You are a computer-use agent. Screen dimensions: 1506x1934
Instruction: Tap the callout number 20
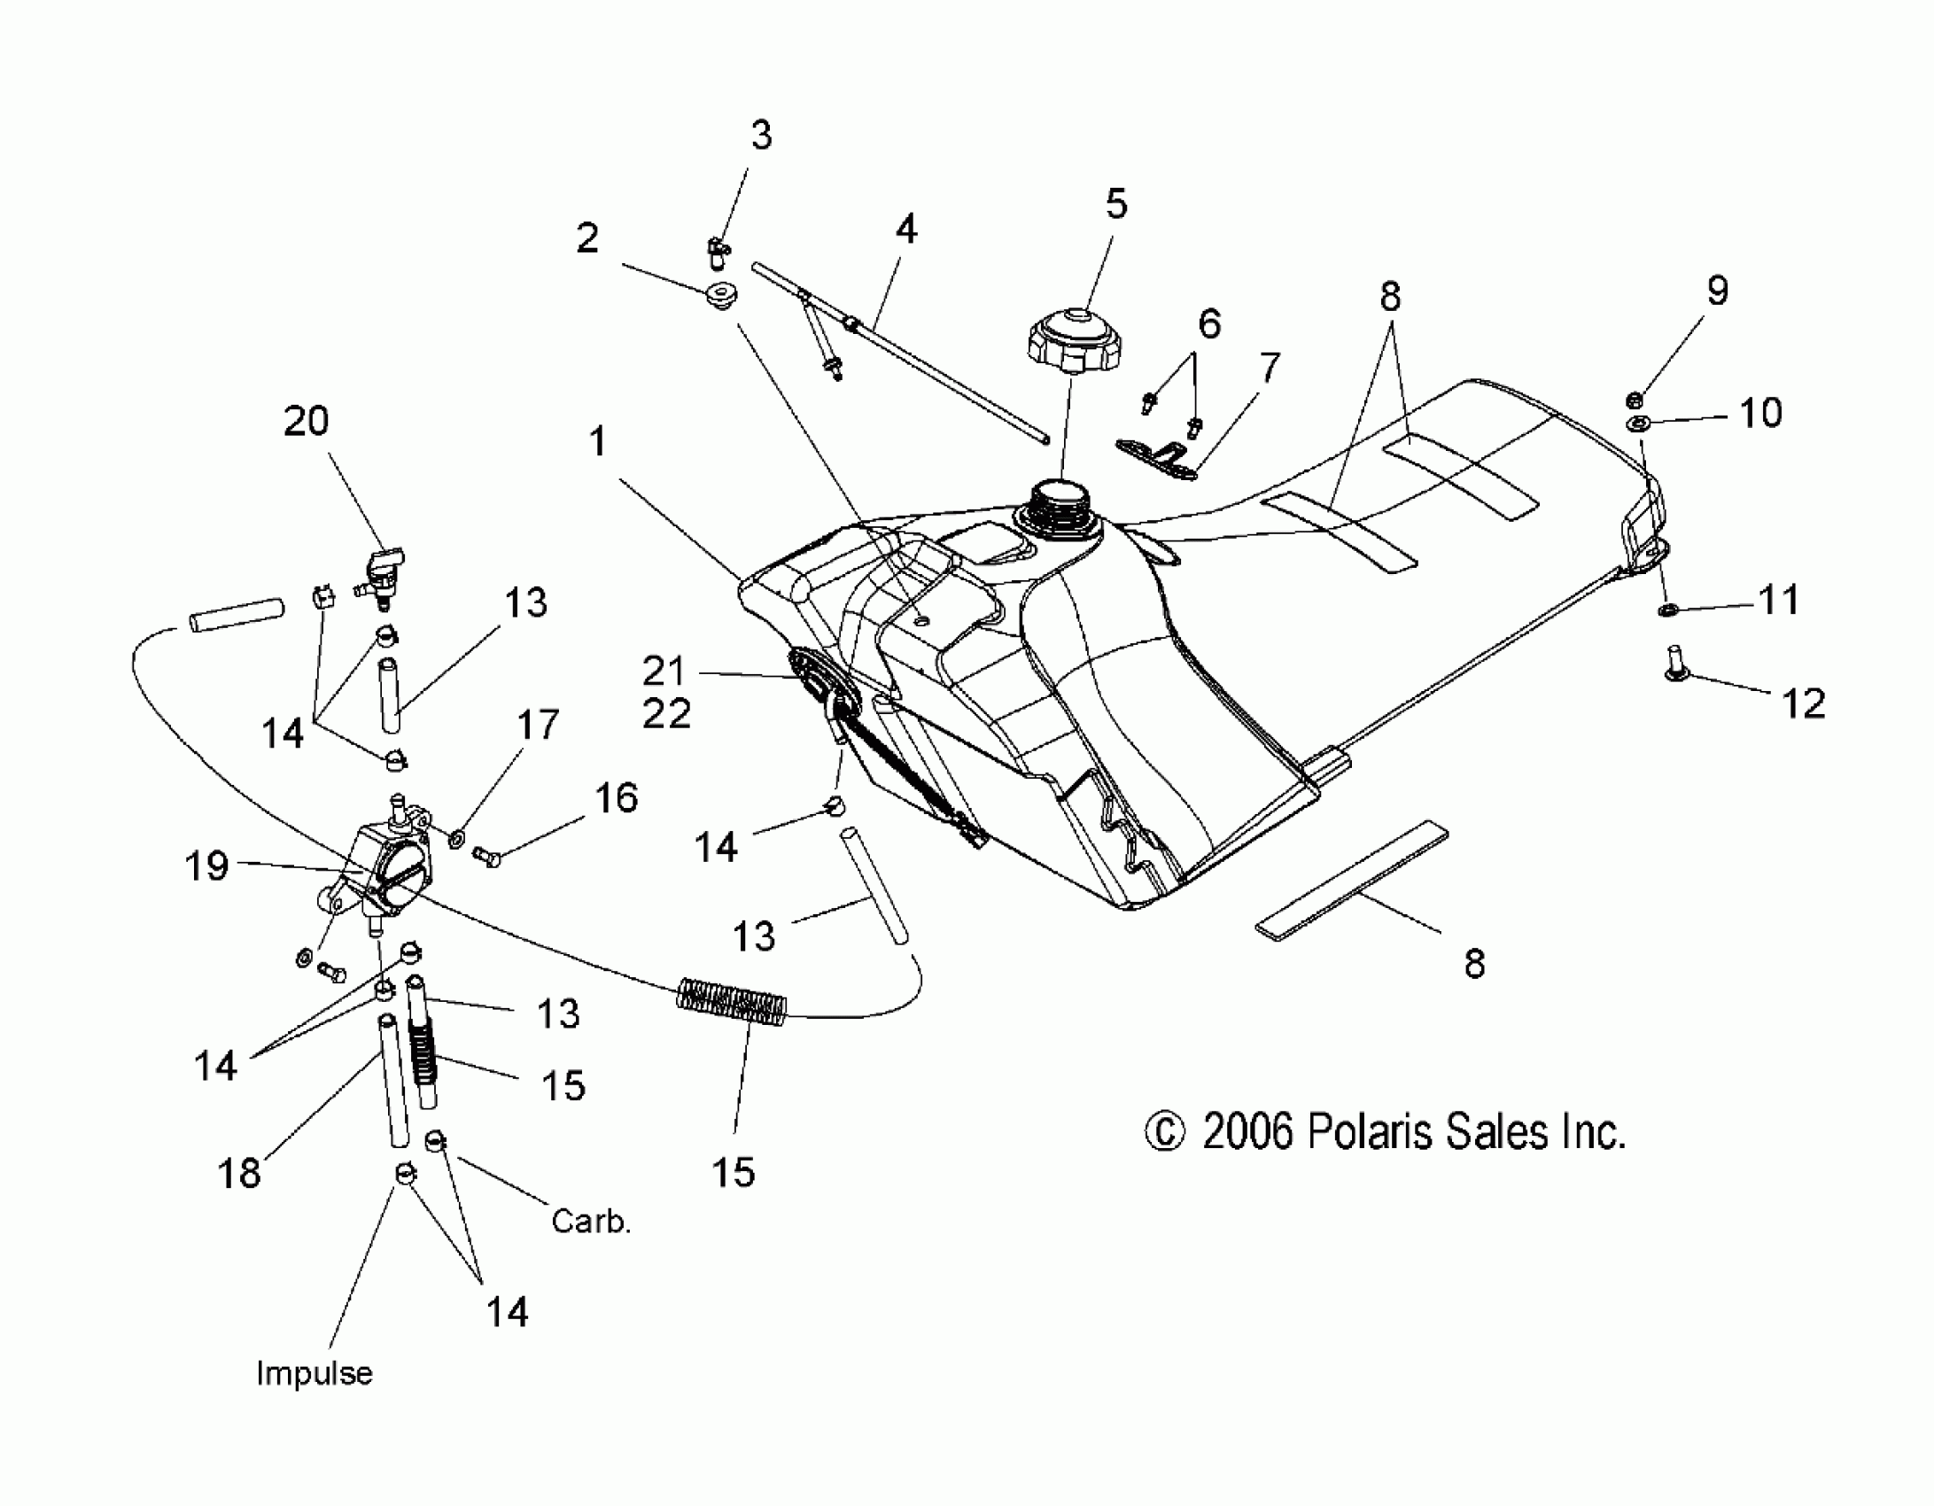[x=306, y=421]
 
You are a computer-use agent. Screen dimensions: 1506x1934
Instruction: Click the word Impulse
[x=315, y=1373]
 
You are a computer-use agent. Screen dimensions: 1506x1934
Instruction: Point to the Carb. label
[x=591, y=1222]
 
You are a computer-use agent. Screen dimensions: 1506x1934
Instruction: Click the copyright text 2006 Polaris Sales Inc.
[x=1386, y=1132]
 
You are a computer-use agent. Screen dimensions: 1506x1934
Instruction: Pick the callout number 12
[x=1803, y=703]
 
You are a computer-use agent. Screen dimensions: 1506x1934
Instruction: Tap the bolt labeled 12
[x=1670, y=663]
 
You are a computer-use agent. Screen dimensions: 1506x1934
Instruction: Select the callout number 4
[x=905, y=229]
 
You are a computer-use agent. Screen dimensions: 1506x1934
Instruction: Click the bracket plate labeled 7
[x=1156, y=457]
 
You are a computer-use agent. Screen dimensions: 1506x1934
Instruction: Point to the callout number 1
[x=599, y=441]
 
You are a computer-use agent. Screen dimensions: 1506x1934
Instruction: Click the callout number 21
[x=664, y=671]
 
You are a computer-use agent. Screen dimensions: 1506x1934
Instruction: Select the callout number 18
[x=239, y=1173]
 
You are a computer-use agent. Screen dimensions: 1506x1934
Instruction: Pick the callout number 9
[x=1717, y=291]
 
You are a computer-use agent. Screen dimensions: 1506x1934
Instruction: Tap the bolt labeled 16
[x=486, y=856]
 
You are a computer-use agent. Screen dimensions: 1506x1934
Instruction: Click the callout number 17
[x=538, y=724]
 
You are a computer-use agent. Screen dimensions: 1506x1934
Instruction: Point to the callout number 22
[x=666, y=713]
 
